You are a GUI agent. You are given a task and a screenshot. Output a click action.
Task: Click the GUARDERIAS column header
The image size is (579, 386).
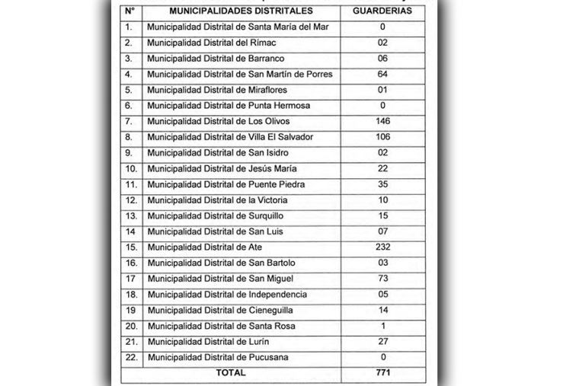383,11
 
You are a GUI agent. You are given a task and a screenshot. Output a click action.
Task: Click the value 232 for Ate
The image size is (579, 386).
383,247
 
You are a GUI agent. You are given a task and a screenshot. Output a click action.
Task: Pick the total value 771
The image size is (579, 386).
383,373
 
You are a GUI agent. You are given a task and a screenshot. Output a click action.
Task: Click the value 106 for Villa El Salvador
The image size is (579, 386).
383,137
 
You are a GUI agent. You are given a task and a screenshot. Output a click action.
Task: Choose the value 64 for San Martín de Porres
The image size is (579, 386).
383,75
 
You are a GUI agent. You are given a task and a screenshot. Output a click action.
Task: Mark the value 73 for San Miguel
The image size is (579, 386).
383,279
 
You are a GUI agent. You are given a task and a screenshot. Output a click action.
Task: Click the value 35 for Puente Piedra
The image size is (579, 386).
383,184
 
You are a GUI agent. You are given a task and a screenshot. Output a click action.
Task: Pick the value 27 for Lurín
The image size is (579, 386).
383,342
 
